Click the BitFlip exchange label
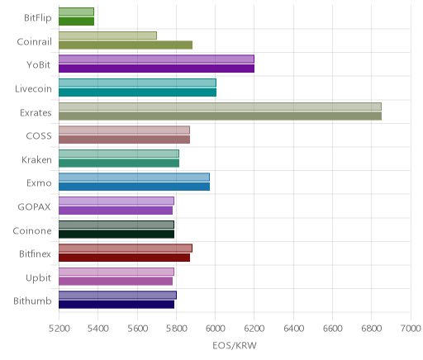[x=38, y=18]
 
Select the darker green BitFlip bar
[x=76, y=21]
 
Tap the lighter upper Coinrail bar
[x=107, y=36]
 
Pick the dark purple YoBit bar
[x=156, y=69]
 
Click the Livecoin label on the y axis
[x=33, y=89]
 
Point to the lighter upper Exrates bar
[x=220, y=107]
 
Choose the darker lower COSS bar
[x=124, y=140]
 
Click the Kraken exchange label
[x=36, y=160]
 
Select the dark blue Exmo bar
[x=134, y=187]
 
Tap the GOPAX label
[x=34, y=207]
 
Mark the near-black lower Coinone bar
[x=116, y=234]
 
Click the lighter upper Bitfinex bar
[x=126, y=248]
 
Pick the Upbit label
[x=38, y=278]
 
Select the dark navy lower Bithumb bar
[x=116, y=305]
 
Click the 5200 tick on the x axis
[x=59, y=329]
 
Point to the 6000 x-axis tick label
[x=216, y=329]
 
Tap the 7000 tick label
[x=411, y=329]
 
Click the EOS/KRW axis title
[x=235, y=346]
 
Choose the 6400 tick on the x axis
[x=293, y=329]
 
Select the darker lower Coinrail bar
[x=126, y=45]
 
